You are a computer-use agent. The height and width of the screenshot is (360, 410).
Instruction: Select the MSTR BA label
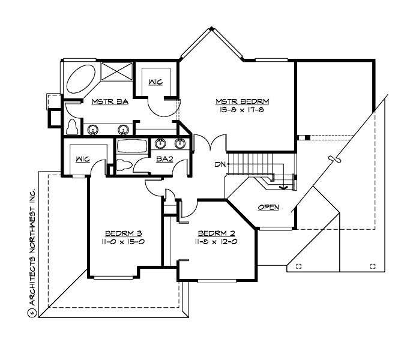[x=109, y=102]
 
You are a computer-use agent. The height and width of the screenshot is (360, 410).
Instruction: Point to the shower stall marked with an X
[x=116, y=70]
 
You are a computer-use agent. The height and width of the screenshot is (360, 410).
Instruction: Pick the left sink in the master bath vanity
[x=93, y=129]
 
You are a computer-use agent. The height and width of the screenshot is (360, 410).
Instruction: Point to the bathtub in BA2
[x=131, y=146]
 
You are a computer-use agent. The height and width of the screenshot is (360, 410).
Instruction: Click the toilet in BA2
[x=124, y=166]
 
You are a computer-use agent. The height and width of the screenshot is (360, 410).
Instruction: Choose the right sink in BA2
[x=179, y=143]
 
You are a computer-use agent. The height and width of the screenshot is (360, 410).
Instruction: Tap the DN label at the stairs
[x=220, y=164]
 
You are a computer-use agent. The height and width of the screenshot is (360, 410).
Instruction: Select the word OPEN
[x=268, y=207]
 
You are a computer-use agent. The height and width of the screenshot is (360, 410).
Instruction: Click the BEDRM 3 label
[x=123, y=233]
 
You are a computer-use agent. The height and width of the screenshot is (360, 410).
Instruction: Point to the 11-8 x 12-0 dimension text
[x=215, y=241]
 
